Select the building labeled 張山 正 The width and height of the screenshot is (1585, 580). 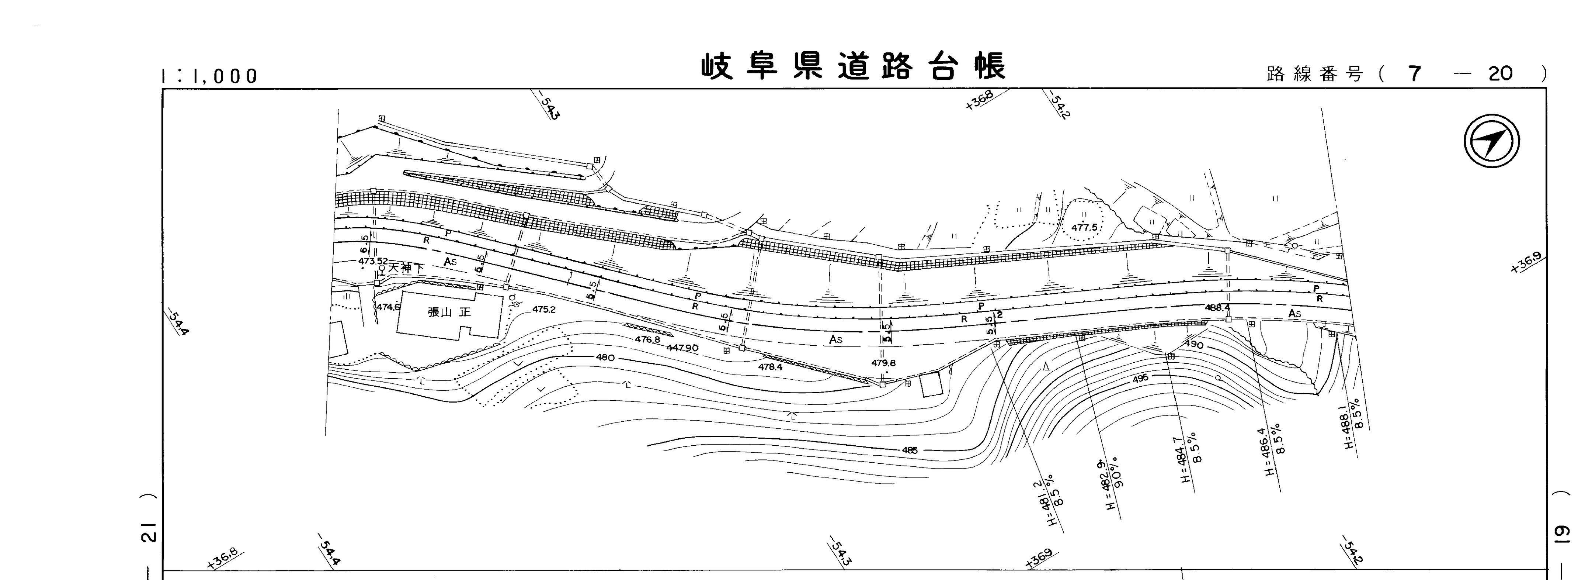[x=449, y=313]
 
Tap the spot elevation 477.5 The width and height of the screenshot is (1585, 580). [x=1084, y=227]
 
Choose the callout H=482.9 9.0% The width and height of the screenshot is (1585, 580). [x=1112, y=484]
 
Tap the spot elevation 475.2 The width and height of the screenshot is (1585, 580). [x=544, y=310]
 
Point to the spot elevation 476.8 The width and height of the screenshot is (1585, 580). [x=647, y=340]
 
